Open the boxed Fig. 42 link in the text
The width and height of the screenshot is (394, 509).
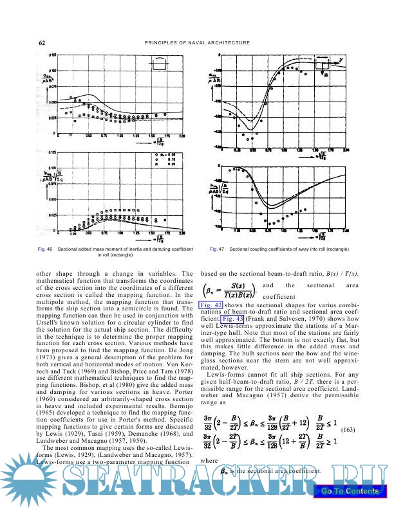211,304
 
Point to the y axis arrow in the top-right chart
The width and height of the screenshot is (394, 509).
339,59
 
